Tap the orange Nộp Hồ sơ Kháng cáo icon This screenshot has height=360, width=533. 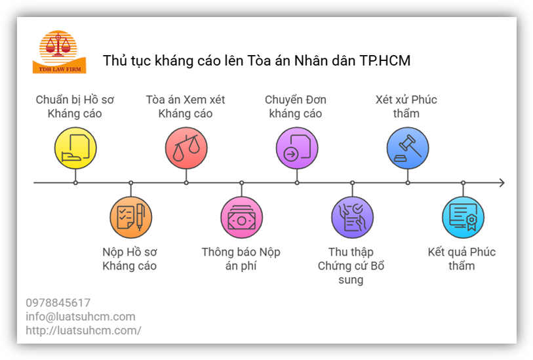[130, 217]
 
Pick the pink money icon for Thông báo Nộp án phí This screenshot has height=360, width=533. [241, 217]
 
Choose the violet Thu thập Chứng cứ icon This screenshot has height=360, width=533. [352, 217]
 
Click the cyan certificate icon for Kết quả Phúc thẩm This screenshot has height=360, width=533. [463, 217]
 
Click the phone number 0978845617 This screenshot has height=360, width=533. [58, 303]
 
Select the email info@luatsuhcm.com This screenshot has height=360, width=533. [81, 317]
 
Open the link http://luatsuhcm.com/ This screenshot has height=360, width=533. [83, 330]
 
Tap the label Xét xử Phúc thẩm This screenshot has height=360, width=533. [406, 107]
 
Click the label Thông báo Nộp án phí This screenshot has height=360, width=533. [241, 259]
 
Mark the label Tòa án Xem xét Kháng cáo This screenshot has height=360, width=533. [186, 107]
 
